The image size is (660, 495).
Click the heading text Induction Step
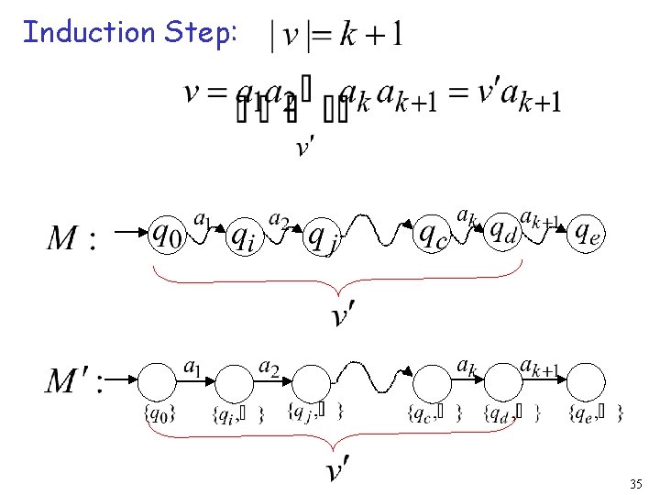pos(130,33)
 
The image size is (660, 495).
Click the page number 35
pos(635,483)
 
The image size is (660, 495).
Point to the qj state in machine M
pos(322,240)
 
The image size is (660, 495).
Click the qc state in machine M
pos(432,236)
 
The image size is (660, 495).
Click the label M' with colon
pos(75,380)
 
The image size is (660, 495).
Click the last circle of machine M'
pos(587,381)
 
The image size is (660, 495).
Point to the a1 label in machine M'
pos(192,367)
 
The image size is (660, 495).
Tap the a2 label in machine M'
pos(269,367)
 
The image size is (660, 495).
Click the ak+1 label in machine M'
pos(539,368)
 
